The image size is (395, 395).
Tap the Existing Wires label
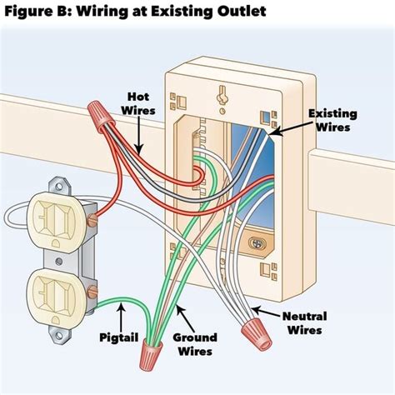point(336,121)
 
